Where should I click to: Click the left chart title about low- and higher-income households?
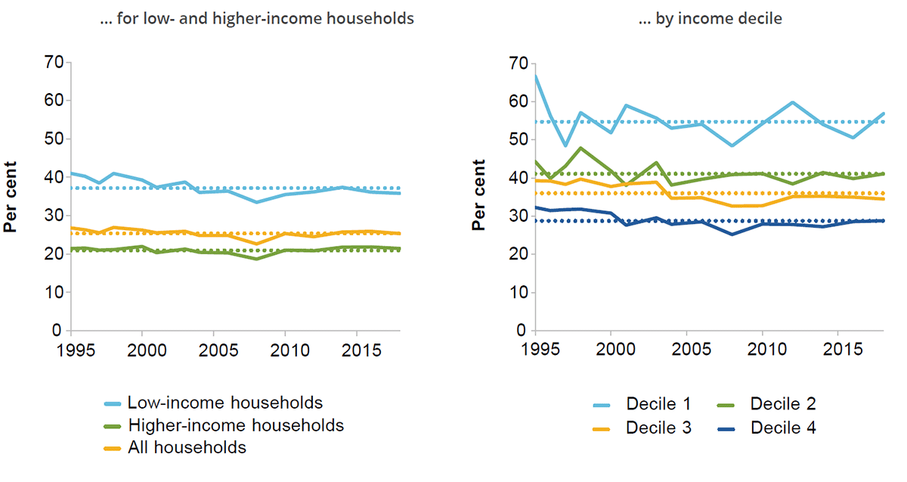coord(257,19)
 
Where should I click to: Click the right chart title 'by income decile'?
coord(710,19)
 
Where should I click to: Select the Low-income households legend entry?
coord(224,403)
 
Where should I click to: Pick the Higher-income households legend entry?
coord(235,425)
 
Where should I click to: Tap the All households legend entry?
coord(187,448)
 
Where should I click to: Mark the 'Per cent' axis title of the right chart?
coord(478,197)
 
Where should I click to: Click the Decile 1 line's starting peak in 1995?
coord(536,75)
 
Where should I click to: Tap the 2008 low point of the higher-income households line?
coord(256,259)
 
